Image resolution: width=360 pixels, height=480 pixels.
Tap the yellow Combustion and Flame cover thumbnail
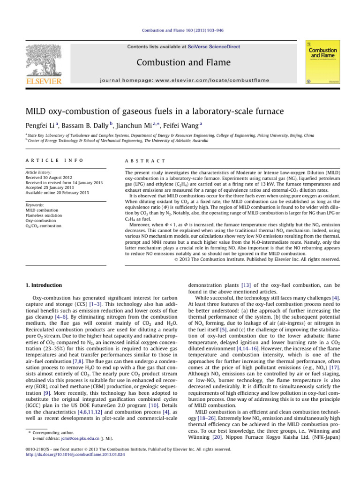(x=322, y=64)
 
